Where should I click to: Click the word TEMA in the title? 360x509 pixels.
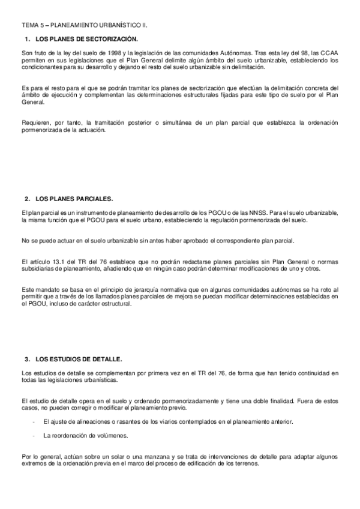29,26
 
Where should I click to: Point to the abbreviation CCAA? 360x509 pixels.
329,54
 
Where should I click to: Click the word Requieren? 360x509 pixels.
35,122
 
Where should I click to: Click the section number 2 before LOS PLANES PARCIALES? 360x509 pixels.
27,198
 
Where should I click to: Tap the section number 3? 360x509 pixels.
27,359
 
